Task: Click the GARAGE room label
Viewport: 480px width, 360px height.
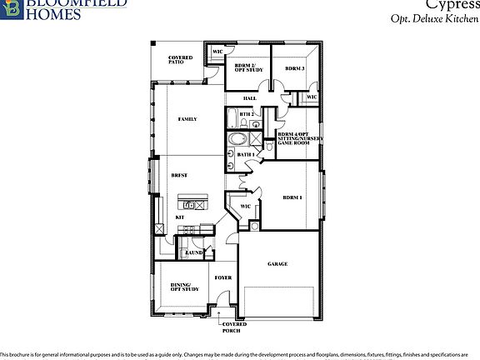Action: (277, 264)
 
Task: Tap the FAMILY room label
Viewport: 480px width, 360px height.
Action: (187, 120)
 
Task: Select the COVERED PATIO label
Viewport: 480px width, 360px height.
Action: (181, 60)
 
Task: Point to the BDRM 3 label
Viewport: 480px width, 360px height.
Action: (294, 68)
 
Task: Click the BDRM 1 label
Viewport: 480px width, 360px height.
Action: (292, 197)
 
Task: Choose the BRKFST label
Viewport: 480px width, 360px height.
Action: (178, 176)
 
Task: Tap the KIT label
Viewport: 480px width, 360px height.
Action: (179, 218)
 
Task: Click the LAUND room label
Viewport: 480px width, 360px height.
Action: (194, 252)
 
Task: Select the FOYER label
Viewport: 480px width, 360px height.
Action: (222, 277)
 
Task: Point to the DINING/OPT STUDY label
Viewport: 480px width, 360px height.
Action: (185, 288)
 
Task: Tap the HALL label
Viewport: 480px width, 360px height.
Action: (249, 98)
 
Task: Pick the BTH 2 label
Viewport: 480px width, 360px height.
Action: (246, 114)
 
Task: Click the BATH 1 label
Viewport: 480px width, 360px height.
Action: (245, 154)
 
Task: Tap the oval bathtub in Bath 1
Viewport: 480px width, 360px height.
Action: (239, 139)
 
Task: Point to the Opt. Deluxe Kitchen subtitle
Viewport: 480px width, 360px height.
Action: (431, 17)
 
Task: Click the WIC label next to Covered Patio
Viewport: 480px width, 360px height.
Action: (217, 52)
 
